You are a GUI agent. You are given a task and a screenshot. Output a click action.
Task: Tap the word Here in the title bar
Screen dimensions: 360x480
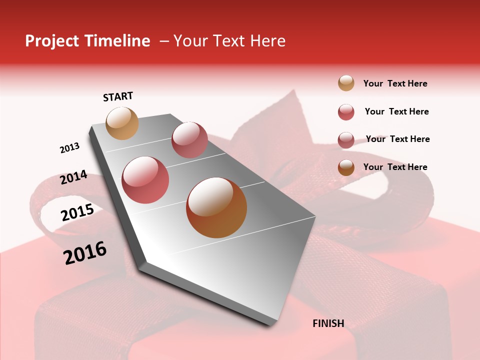pyautogui.click(x=267, y=41)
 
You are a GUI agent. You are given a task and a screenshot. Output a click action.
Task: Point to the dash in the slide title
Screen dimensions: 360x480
pyautogui.click(x=164, y=41)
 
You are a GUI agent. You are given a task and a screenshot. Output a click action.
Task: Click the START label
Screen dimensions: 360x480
pyautogui.click(x=118, y=96)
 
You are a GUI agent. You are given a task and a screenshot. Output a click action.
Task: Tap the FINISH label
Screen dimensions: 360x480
pyautogui.click(x=328, y=323)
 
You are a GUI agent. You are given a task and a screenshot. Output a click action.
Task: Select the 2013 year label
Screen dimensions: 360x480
pyautogui.click(x=69, y=148)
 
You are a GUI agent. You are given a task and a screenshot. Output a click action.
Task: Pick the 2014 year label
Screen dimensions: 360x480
pyautogui.click(x=73, y=177)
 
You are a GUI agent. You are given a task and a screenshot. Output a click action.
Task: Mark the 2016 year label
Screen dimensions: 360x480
pyautogui.click(x=85, y=253)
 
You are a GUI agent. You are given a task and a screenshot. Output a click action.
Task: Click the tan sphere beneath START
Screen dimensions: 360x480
pyautogui.click(x=122, y=123)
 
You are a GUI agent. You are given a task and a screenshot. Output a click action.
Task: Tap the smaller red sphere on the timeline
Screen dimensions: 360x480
pyautogui.click(x=189, y=140)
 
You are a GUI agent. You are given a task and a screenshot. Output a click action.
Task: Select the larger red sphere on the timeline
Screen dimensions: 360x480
pyautogui.click(x=145, y=180)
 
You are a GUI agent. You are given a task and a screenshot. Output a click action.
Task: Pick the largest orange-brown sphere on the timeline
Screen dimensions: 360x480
pyautogui.click(x=216, y=208)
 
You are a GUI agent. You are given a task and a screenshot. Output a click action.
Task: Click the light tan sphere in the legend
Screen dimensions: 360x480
pyautogui.click(x=346, y=83)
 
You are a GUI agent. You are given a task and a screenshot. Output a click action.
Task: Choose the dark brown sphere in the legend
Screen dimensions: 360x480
pyautogui.click(x=346, y=167)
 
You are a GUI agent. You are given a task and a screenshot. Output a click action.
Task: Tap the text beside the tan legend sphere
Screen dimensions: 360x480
pyautogui.click(x=395, y=84)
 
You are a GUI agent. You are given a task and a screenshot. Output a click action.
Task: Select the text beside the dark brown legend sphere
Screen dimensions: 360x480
pyautogui.click(x=395, y=167)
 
